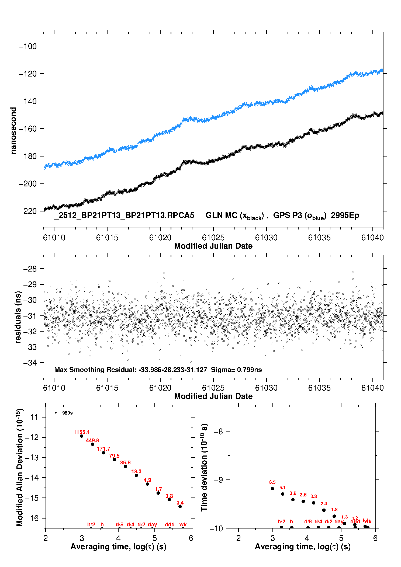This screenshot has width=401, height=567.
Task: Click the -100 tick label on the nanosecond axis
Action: click(28, 46)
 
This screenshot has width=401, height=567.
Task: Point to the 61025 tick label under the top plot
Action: click(213, 238)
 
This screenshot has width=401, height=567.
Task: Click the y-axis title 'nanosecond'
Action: click(13, 131)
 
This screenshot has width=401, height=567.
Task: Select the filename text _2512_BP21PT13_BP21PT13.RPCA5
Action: click(124, 215)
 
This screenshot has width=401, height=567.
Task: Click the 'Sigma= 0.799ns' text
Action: click(236, 370)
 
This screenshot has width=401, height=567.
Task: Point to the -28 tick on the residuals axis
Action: click(30, 269)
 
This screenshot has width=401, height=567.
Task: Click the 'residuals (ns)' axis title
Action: click(18, 317)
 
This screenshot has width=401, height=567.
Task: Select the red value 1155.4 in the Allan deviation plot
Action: click(81, 432)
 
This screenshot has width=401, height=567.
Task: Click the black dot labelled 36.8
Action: click(125, 466)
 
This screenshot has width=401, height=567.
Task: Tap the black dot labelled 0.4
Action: click(180, 506)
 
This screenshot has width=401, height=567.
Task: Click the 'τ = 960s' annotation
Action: click(64, 413)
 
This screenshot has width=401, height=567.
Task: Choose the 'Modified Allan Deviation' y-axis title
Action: click(19, 467)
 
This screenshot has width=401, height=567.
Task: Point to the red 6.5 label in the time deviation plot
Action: click(272, 482)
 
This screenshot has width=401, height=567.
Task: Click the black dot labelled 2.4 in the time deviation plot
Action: click(324, 510)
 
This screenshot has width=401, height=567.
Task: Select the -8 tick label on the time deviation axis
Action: click(218, 432)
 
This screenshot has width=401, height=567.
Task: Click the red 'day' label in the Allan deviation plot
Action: click(152, 524)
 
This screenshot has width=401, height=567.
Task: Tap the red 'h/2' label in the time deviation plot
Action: click(281, 521)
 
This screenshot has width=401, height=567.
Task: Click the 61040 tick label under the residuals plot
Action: click(372, 388)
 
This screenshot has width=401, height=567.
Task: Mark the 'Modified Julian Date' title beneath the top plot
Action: click(213, 246)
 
